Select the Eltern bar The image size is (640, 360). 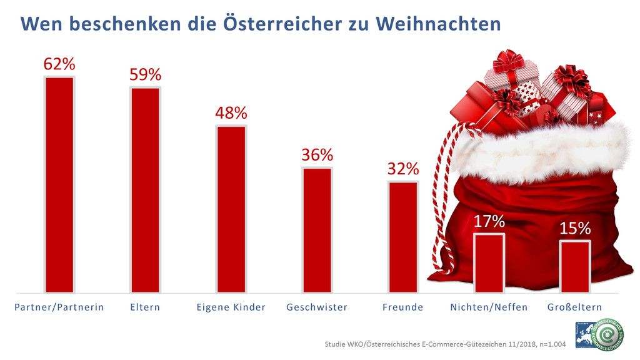[x=145, y=189]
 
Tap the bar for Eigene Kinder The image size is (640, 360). [x=231, y=209]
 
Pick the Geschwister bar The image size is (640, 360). [x=317, y=229]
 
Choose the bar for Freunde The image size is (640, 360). [x=402, y=237]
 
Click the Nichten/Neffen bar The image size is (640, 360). [x=489, y=262]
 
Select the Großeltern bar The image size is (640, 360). [x=574, y=266]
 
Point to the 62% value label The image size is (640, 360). [x=59, y=64]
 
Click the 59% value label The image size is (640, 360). [x=145, y=75]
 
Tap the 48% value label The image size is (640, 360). [x=231, y=114]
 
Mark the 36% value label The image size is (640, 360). [x=317, y=155]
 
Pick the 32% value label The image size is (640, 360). [x=402, y=169]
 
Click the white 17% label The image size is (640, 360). [x=489, y=221]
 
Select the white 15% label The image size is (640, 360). [x=574, y=229]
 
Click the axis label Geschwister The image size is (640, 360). [x=317, y=307]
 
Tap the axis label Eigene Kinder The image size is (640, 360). [x=231, y=307]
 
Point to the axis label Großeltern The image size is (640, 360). [x=574, y=307]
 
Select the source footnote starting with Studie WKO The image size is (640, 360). [x=445, y=344]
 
